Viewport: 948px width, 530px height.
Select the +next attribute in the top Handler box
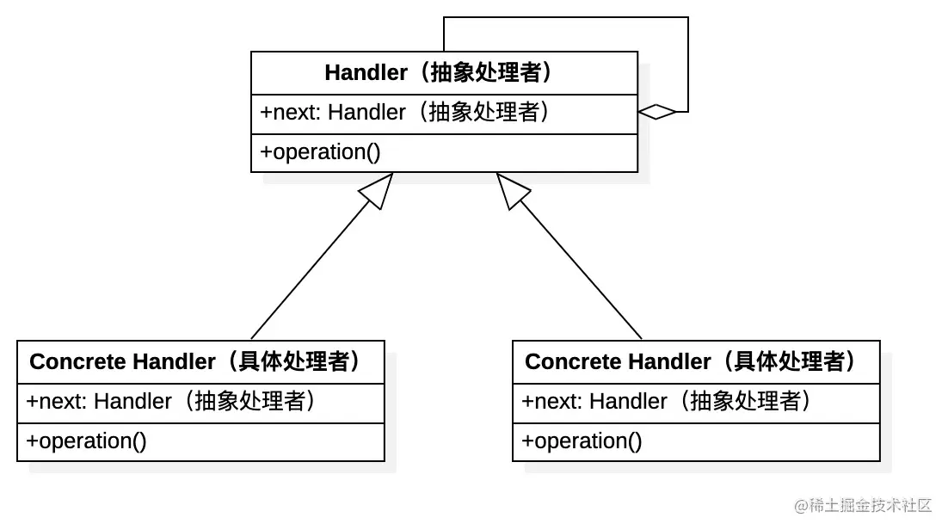(x=405, y=113)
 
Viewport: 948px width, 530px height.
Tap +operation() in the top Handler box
(x=321, y=152)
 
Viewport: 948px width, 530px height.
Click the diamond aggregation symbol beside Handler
(x=657, y=112)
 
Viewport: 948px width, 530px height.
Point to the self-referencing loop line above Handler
(x=566, y=17)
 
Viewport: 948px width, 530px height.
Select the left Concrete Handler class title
(x=200, y=361)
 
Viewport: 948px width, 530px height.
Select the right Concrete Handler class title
(x=695, y=361)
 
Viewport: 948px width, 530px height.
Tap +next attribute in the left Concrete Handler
(x=170, y=402)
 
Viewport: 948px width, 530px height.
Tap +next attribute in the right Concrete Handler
(x=666, y=402)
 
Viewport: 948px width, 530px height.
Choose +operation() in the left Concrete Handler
(x=87, y=441)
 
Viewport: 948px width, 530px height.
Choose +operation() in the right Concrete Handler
(x=582, y=441)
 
